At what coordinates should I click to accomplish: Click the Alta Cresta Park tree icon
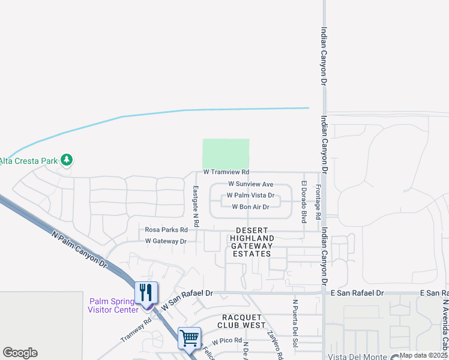(x=68, y=160)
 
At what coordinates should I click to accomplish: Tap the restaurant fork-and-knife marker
(x=146, y=293)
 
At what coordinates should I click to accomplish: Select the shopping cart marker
(x=189, y=338)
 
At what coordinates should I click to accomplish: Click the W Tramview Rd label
(x=226, y=172)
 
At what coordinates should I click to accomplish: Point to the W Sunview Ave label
(x=251, y=184)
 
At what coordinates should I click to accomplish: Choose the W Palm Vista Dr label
(x=250, y=196)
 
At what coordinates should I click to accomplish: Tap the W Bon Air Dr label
(x=251, y=207)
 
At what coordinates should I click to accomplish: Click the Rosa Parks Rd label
(x=166, y=230)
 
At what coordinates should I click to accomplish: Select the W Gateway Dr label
(x=166, y=241)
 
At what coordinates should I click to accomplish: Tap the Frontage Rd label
(x=318, y=201)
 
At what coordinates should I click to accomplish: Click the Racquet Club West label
(x=243, y=321)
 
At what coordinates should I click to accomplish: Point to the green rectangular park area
(x=226, y=154)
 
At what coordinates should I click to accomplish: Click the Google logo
(x=20, y=353)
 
